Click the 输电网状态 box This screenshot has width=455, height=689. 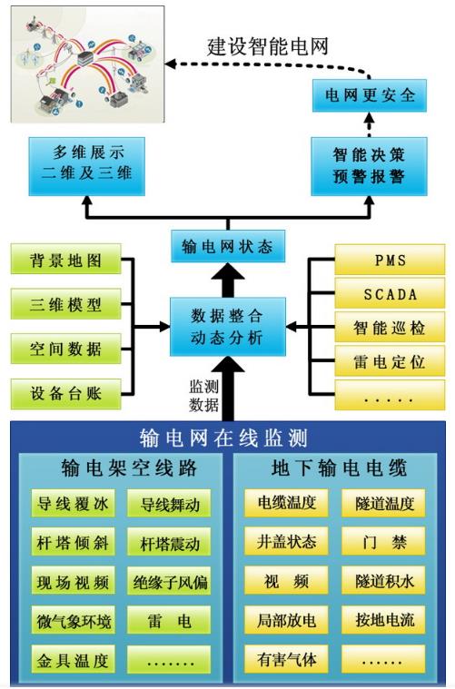point(228,246)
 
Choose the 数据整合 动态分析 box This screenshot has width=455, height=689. point(228,326)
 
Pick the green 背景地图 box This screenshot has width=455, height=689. point(64,261)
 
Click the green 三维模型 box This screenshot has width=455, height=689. point(64,304)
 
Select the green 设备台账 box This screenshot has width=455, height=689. point(64,393)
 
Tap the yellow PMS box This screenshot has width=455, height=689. point(391,261)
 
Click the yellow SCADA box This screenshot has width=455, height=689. point(391,293)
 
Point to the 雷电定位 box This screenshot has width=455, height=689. point(391,360)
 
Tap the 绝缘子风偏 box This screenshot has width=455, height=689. point(170,582)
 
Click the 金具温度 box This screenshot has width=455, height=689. point(73,660)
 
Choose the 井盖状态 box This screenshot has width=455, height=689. point(287,542)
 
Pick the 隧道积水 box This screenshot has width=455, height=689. point(384,582)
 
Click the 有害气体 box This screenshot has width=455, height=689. point(287,660)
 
